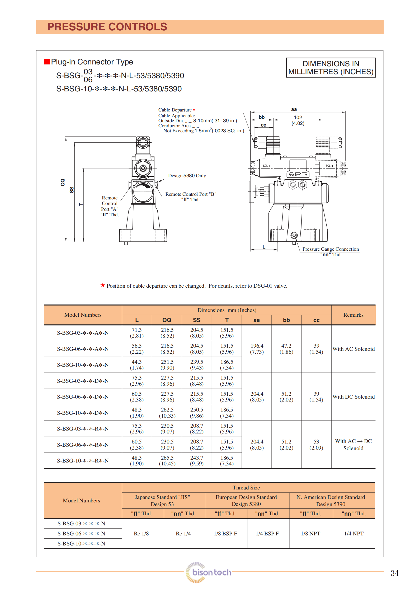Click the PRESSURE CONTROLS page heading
[107, 27]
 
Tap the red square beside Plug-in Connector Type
[47, 62]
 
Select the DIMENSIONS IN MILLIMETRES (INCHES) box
[331, 68]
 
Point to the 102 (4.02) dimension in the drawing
[298, 120]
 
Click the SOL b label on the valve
[266, 166]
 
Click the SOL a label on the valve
[329, 166]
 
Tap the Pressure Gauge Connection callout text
[330, 249]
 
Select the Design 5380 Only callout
[187, 176]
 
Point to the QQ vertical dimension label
[63, 182]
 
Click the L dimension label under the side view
[264, 247]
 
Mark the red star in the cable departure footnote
[103, 285]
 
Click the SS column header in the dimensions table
[196, 320]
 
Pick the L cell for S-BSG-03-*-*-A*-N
[136, 333]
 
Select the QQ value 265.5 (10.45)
[167, 461]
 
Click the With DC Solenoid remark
[353, 397]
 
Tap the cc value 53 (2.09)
[316, 445]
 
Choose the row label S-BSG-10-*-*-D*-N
[83, 413]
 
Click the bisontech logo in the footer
[209, 572]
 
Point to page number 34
[394, 573]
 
